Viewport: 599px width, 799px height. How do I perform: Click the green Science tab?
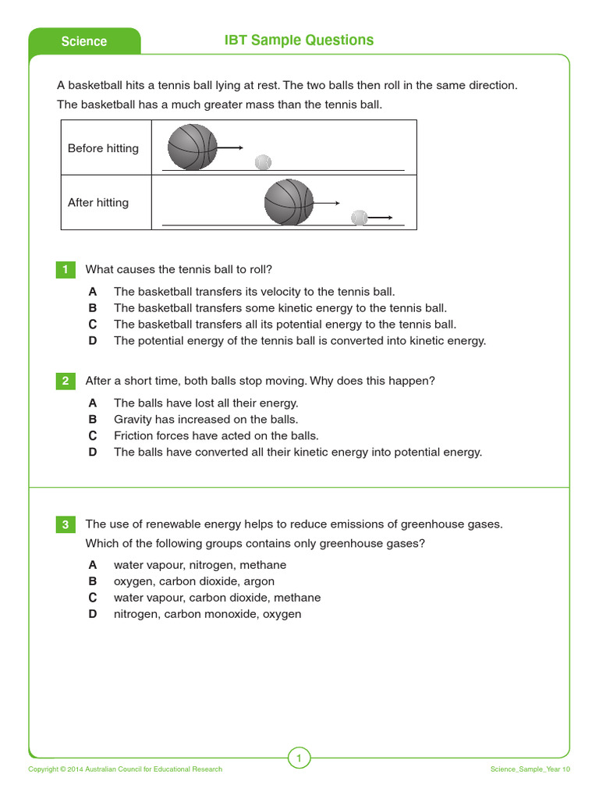84,41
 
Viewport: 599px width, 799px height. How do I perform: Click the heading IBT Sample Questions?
299,41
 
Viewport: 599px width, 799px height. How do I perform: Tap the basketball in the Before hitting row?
192,147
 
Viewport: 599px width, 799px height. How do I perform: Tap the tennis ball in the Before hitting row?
263,162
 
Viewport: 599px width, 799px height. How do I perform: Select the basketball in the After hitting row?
289,202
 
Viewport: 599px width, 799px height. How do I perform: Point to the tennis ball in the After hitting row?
359,217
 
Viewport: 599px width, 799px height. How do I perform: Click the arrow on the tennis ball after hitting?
380,218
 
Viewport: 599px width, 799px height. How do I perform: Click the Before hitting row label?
103,148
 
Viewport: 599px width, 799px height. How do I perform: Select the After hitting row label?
98,202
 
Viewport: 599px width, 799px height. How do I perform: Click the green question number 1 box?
66,270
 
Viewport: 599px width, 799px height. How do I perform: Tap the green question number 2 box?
66,381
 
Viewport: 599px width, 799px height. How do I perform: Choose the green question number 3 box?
66,525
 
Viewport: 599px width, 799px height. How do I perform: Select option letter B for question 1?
93,308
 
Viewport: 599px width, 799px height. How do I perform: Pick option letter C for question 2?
93,436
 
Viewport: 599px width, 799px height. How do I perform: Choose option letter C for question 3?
93,598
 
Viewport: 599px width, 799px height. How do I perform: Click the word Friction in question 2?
133,436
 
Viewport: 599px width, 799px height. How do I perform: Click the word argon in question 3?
259,581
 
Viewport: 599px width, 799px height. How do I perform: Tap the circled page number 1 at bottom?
299,757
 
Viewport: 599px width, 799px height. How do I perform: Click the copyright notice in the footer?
126,769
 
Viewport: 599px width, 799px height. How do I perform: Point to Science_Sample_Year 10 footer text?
530,769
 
